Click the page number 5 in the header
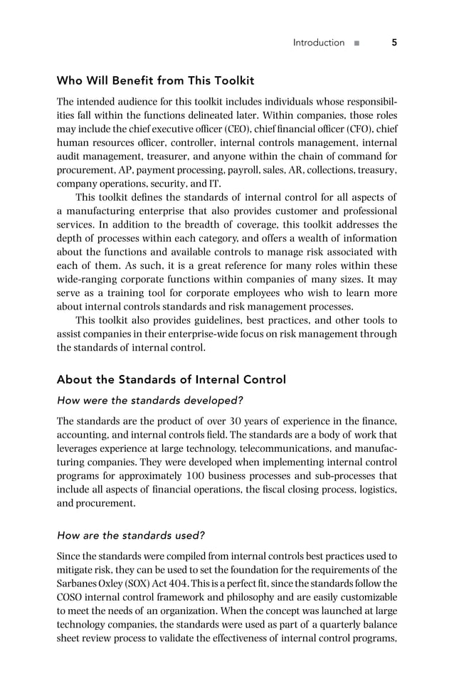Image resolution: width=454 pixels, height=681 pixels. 394,43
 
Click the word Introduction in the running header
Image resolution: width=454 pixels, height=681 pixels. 318,43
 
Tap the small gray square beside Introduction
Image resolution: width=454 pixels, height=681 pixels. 357,43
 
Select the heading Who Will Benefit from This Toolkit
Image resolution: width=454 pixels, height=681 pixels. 155,80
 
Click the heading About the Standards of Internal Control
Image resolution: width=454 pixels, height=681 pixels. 171,379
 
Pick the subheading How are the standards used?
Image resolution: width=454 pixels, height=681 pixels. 131,535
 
